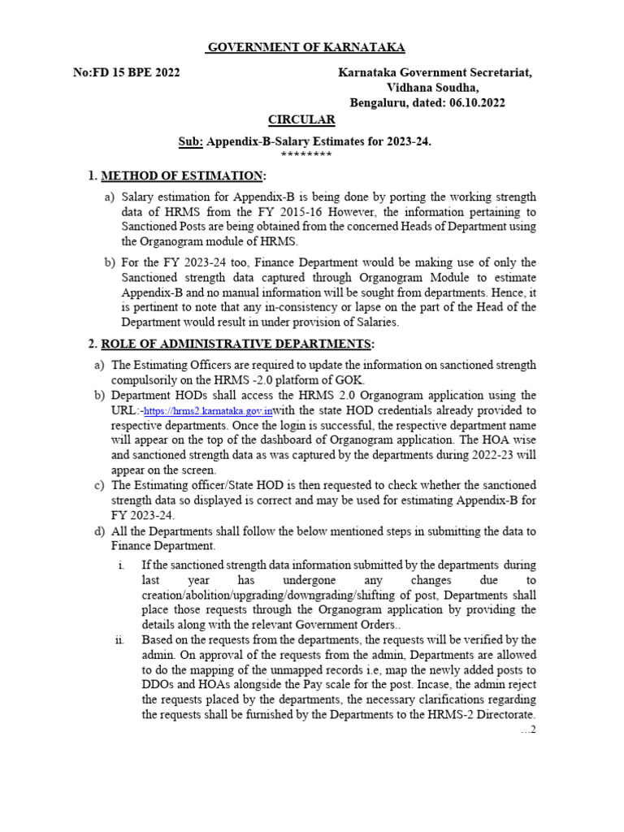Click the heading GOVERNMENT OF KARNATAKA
[305, 48]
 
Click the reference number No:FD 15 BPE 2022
[127, 73]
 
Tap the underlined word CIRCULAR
[302, 119]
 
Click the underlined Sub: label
[190, 141]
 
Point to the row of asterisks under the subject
[305, 154]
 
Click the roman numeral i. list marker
[119, 565]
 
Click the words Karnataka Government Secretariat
[435, 73]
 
